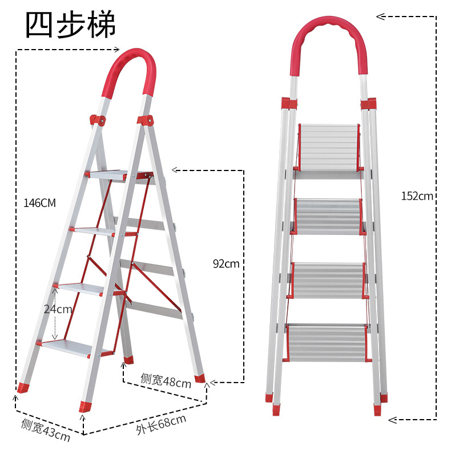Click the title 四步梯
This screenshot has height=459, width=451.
71,25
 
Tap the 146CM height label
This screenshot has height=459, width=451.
39,203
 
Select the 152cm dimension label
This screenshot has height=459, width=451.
417,196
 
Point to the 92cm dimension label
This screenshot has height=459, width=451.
226,264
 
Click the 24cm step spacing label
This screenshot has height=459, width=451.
58,309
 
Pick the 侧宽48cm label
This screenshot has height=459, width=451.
166,381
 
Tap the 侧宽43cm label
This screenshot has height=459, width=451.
46,430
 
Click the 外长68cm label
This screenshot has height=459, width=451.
161,424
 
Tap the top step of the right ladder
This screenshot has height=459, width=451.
329,147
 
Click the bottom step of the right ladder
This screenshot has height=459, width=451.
327,343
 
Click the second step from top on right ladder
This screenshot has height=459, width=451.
328,217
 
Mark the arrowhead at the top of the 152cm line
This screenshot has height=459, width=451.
380,17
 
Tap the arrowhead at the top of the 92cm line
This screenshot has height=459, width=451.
176,170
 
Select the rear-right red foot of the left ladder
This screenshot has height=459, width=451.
200,379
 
